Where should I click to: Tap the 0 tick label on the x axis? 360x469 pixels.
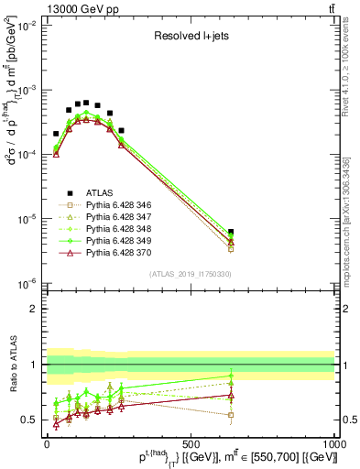(47, 443)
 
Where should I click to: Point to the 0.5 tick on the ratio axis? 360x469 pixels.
(32, 420)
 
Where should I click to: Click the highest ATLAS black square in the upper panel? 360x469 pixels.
(86, 103)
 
